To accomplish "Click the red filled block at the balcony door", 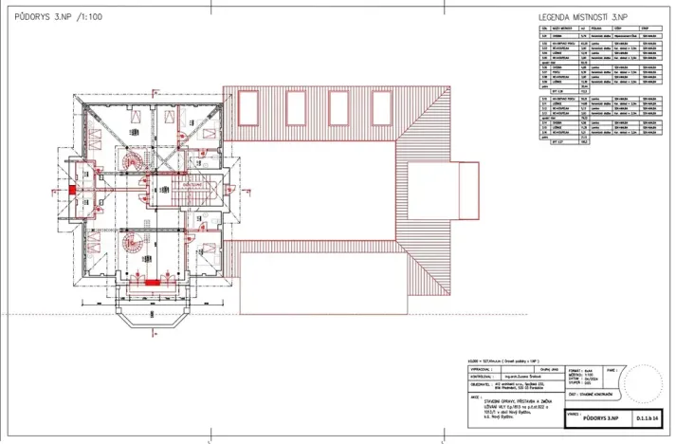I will (x=151, y=283).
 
